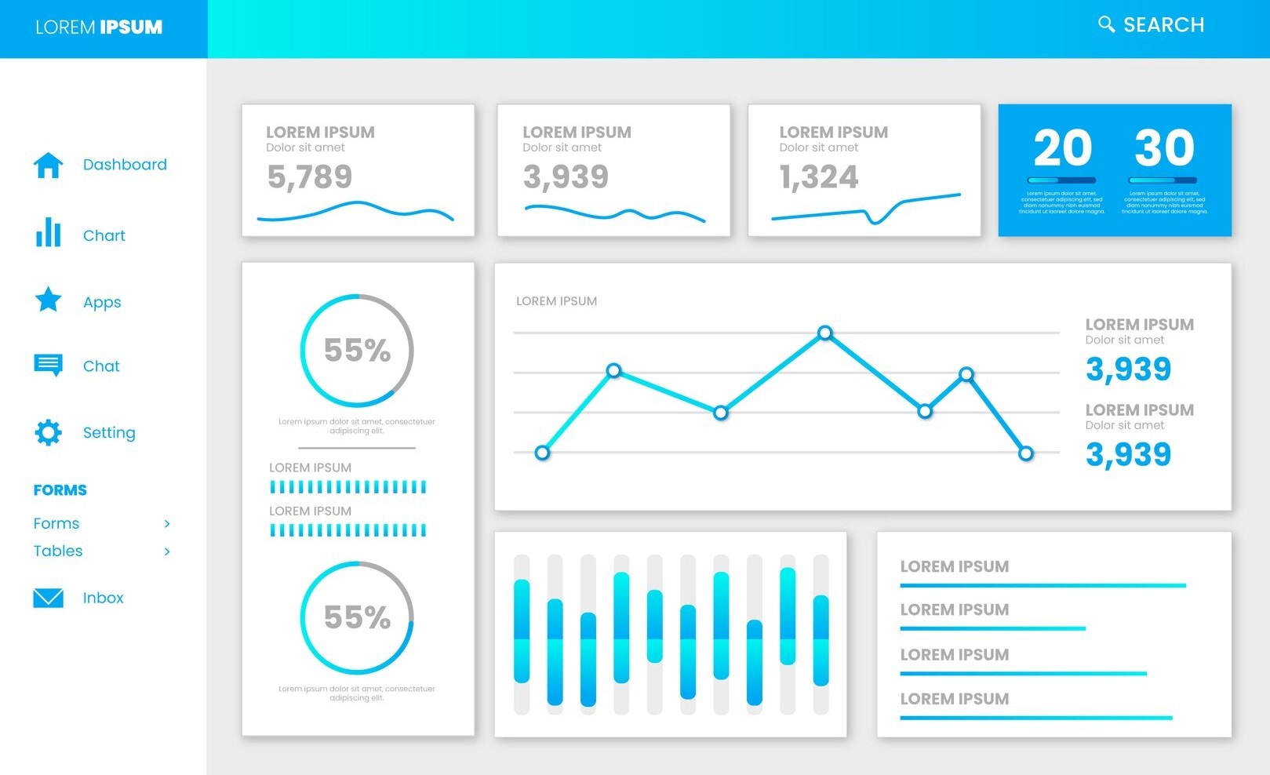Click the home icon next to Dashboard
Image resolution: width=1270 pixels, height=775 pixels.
point(48,165)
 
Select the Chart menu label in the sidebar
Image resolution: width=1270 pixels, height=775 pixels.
point(104,235)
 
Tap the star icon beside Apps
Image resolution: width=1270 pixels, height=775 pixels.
point(48,300)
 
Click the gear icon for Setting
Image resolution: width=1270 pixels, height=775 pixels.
point(48,432)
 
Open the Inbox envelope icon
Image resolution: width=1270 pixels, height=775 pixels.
point(48,598)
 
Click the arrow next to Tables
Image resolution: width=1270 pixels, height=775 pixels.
point(167,551)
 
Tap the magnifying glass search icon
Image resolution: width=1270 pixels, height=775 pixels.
point(1106,24)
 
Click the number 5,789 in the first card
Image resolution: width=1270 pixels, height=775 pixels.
point(310,177)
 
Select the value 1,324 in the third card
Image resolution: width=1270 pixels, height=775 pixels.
point(819,177)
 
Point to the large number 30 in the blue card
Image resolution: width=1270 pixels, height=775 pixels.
point(1164,147)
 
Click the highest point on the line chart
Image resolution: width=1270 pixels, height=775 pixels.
point(824,333)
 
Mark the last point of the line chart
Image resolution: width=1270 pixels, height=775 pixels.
point(1025,453)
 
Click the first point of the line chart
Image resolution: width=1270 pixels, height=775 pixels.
point(542,453)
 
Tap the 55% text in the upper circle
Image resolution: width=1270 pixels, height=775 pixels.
point(357,350)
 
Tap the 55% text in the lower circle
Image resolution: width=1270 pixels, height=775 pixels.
point(357,617)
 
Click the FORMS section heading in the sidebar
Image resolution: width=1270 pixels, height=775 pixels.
point(60,490)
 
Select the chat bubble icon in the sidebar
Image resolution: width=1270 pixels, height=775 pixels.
point(48,365)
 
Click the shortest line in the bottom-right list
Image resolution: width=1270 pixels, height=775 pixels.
point(992,628)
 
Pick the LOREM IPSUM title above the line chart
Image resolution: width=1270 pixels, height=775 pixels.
point(556,301)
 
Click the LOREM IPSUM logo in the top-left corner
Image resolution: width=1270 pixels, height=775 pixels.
point(99,27)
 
